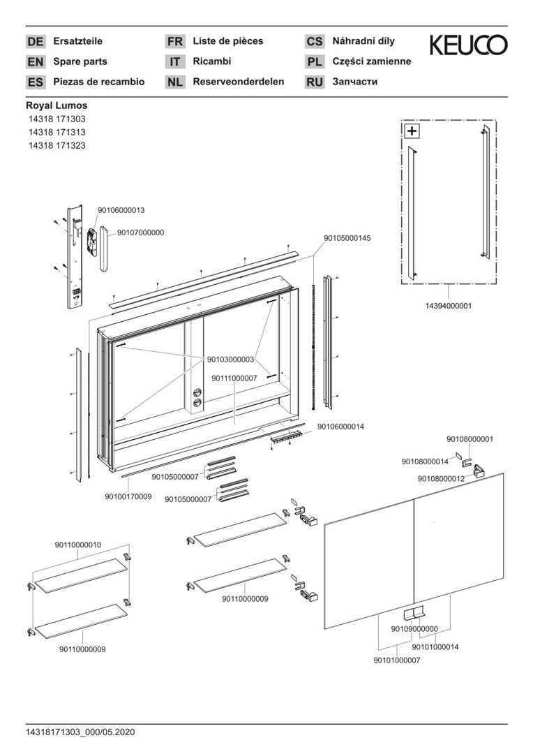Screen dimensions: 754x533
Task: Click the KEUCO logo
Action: (x=468, y=46)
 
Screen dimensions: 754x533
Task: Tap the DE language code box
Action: (x=36, y=42)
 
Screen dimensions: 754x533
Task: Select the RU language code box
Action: (x=315, y=82)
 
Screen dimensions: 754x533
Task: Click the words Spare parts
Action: (x=80, y=61)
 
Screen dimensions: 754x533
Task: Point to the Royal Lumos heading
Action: (x=57, y=105)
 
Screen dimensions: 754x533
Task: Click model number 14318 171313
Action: (x=57, y=132)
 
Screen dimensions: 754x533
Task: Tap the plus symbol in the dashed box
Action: (x=412, y=131)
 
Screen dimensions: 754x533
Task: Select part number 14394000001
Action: (x=448, y=306)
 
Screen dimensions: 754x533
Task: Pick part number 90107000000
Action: (x=140, y=232)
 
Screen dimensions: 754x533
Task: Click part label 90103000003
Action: (x=230, y=360)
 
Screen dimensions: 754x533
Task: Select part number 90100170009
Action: (x=128, y=496)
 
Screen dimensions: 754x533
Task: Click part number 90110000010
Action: (x=78, y=545)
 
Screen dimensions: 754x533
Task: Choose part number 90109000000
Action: (x=414, y=629)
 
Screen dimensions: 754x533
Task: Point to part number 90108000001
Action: (x=470, y=439)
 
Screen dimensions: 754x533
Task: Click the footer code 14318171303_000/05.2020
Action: (x=80, y=732)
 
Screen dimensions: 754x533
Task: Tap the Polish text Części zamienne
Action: (x=372, y=61)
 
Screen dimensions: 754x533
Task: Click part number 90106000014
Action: (x=340, y=427)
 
